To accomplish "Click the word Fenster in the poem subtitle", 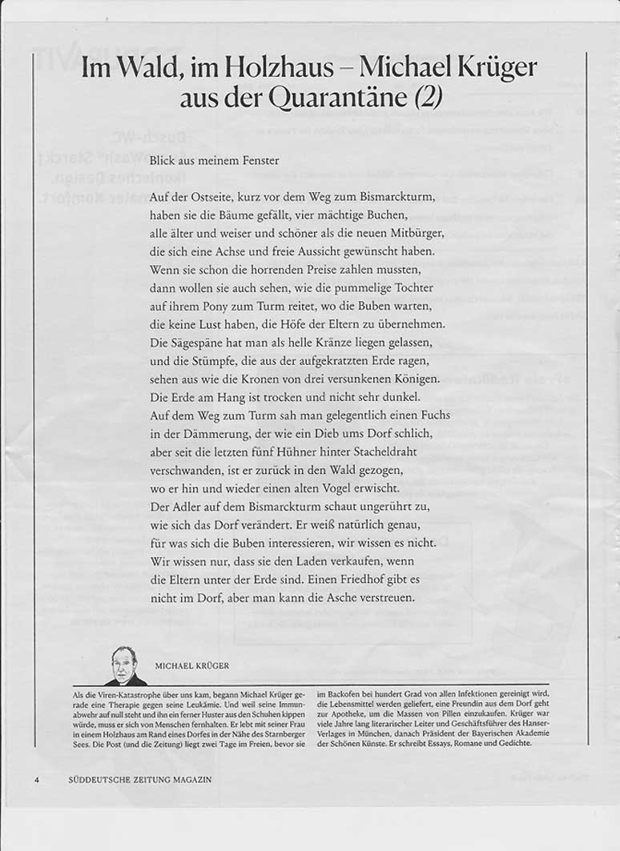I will (x=260, y=160).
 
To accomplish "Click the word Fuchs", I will (x=434, y=415).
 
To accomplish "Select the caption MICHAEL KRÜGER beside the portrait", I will (x=192, y=666).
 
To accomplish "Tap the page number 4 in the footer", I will (x=35, y=780).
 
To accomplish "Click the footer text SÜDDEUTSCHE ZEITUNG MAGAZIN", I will (x=140, y=780).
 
